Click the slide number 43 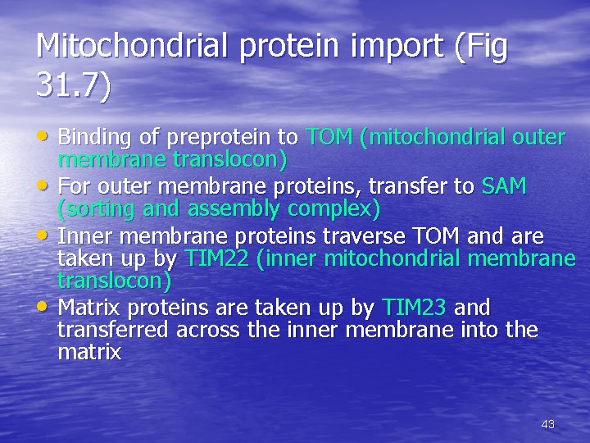548,424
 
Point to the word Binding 92,135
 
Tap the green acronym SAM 504,186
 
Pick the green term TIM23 415,308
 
